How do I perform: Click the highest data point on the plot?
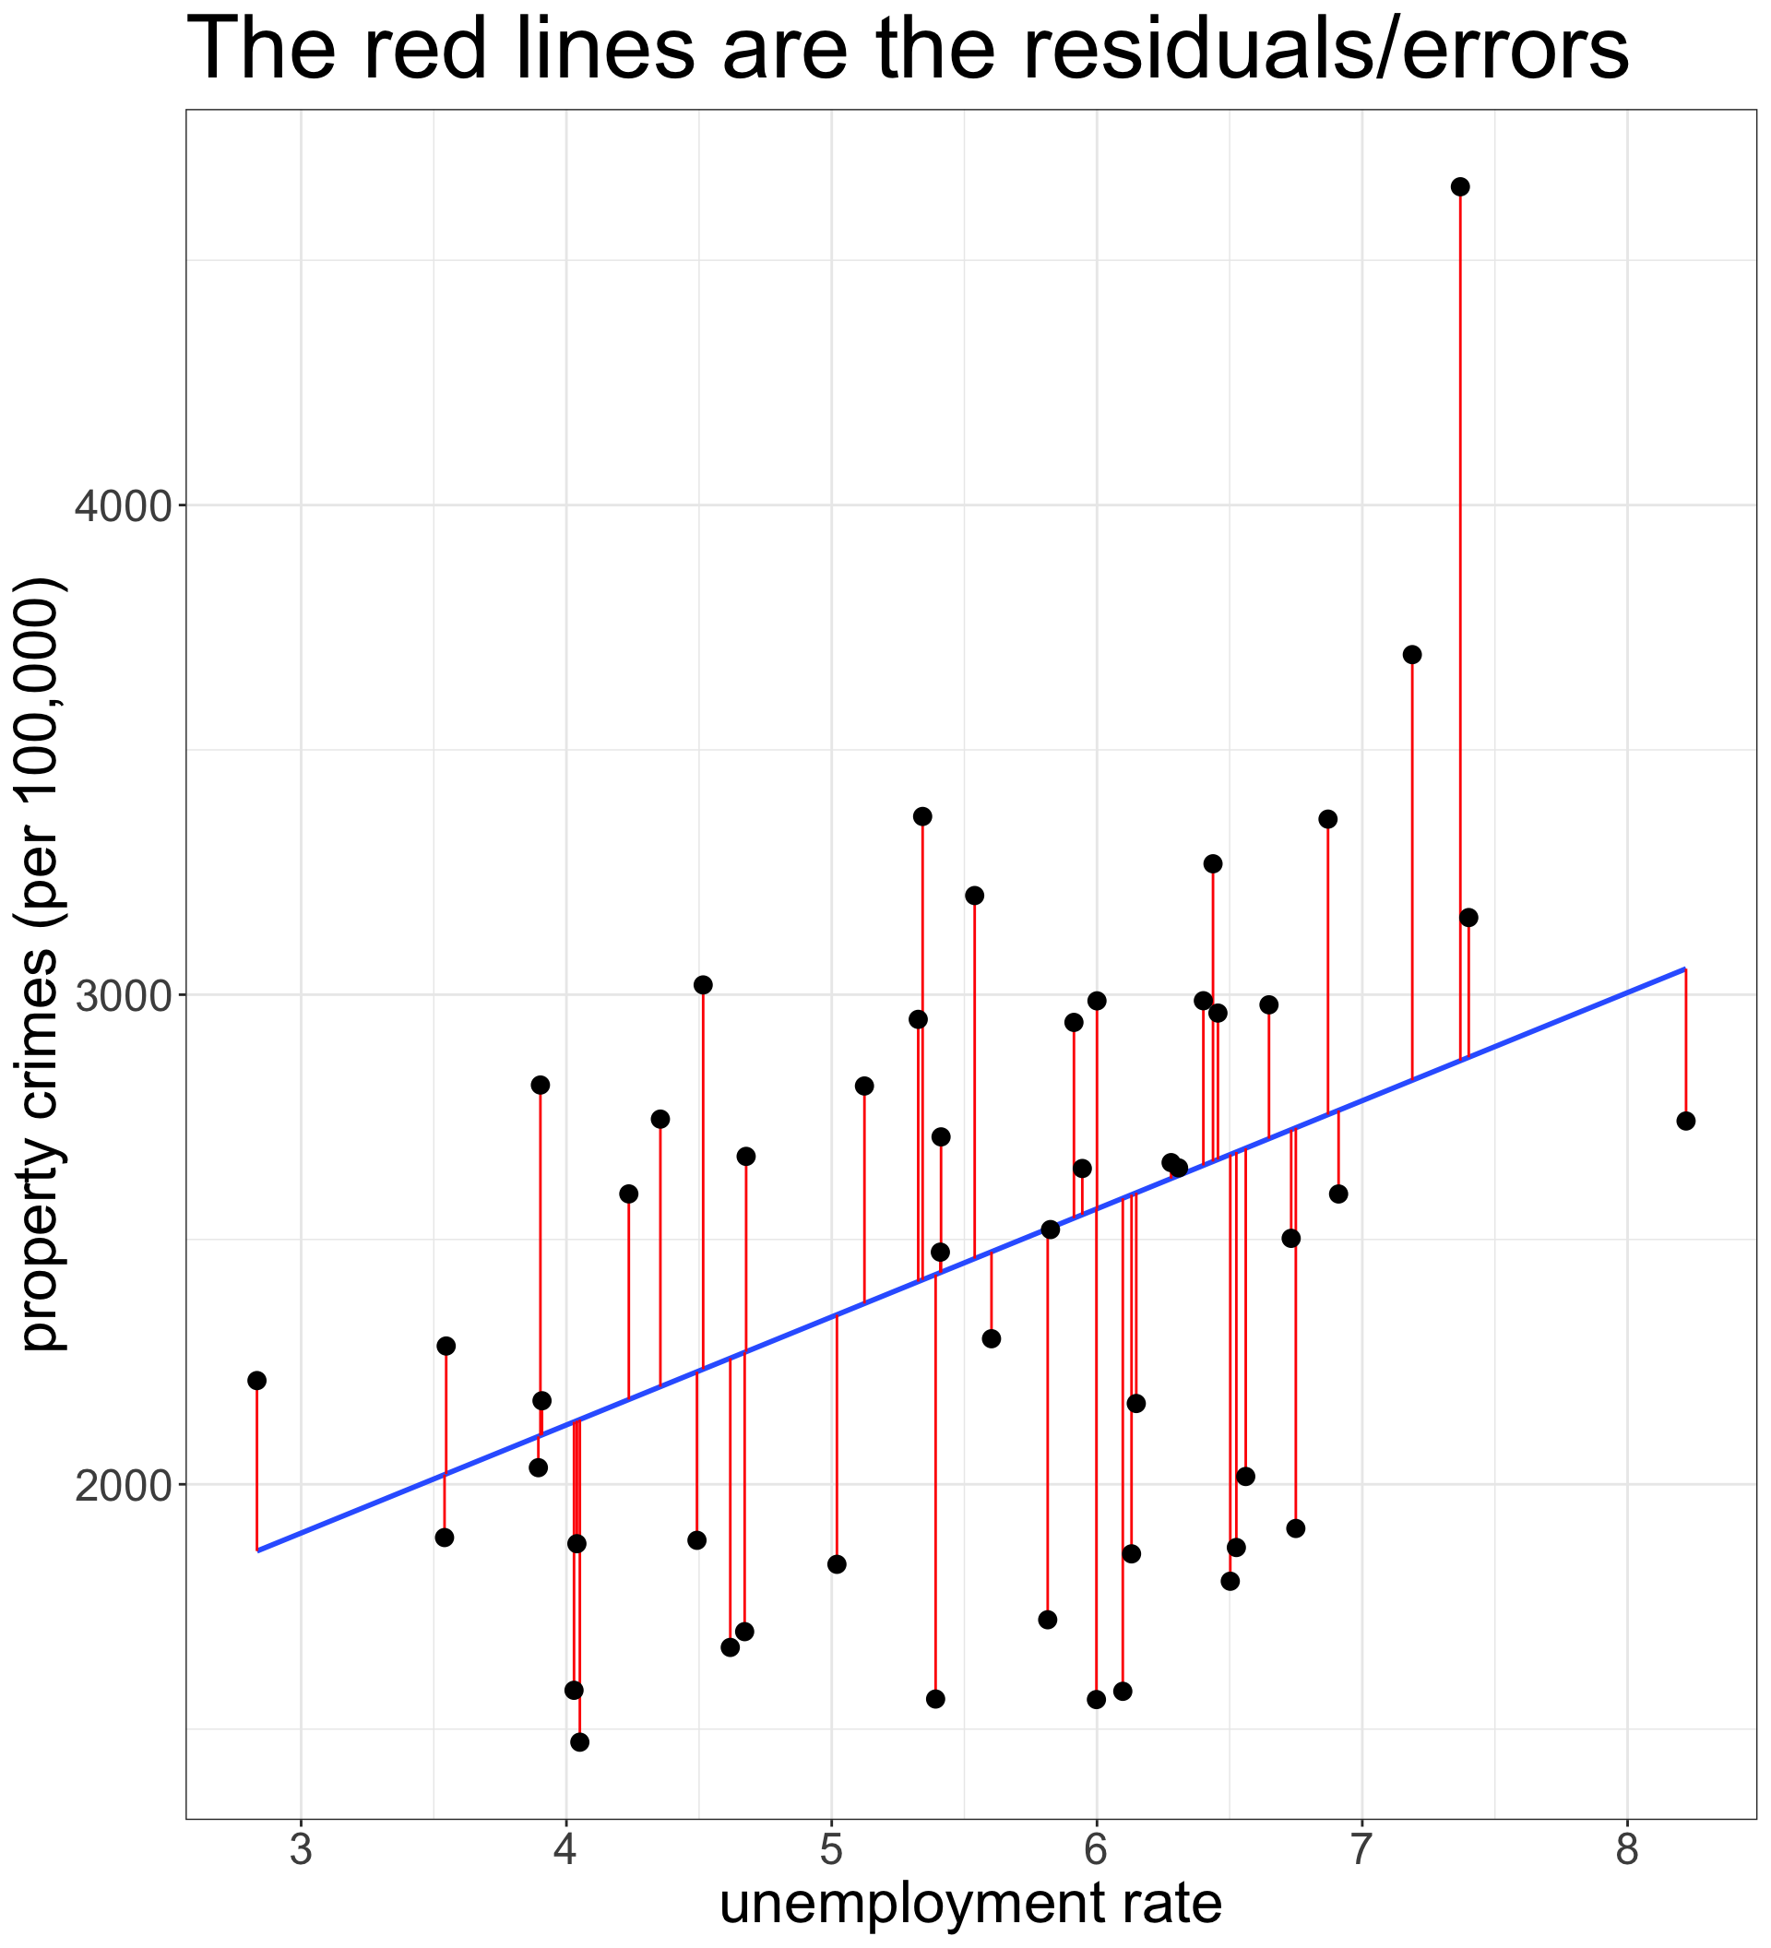(1460, 186)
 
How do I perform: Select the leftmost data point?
(257, 1380)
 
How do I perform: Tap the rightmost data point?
(1686, 1121)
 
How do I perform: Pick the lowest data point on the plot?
(579, 1742)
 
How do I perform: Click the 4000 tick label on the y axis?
(121, 505)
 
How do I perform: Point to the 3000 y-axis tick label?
(121, 994)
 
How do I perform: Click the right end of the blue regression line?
(1685, 968)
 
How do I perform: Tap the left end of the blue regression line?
(258, 1550)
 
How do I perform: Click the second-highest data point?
(1411, 654)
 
